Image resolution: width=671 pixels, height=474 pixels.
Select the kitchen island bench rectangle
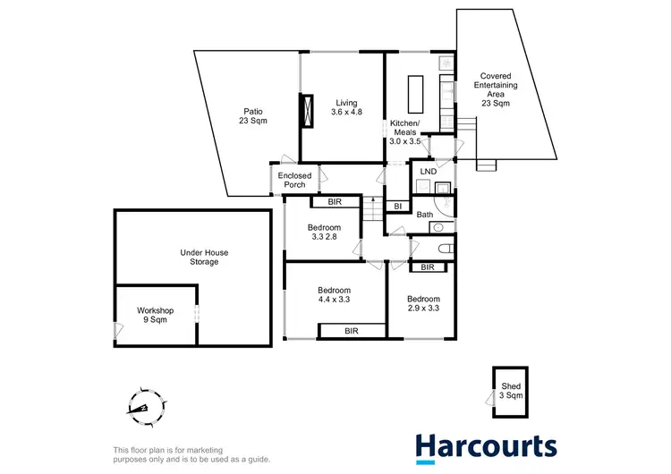(416, 92)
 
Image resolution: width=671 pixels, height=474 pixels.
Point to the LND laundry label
(429, 171)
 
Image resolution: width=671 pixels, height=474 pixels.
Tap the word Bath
(424, 215)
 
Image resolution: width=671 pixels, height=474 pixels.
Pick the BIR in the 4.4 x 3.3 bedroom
(352, 331)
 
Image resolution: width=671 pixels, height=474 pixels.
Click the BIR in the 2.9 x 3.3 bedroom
(427, 267)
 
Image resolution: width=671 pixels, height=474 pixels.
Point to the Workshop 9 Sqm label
(155, 315)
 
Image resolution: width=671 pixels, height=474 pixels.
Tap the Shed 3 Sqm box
(511, 390)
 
